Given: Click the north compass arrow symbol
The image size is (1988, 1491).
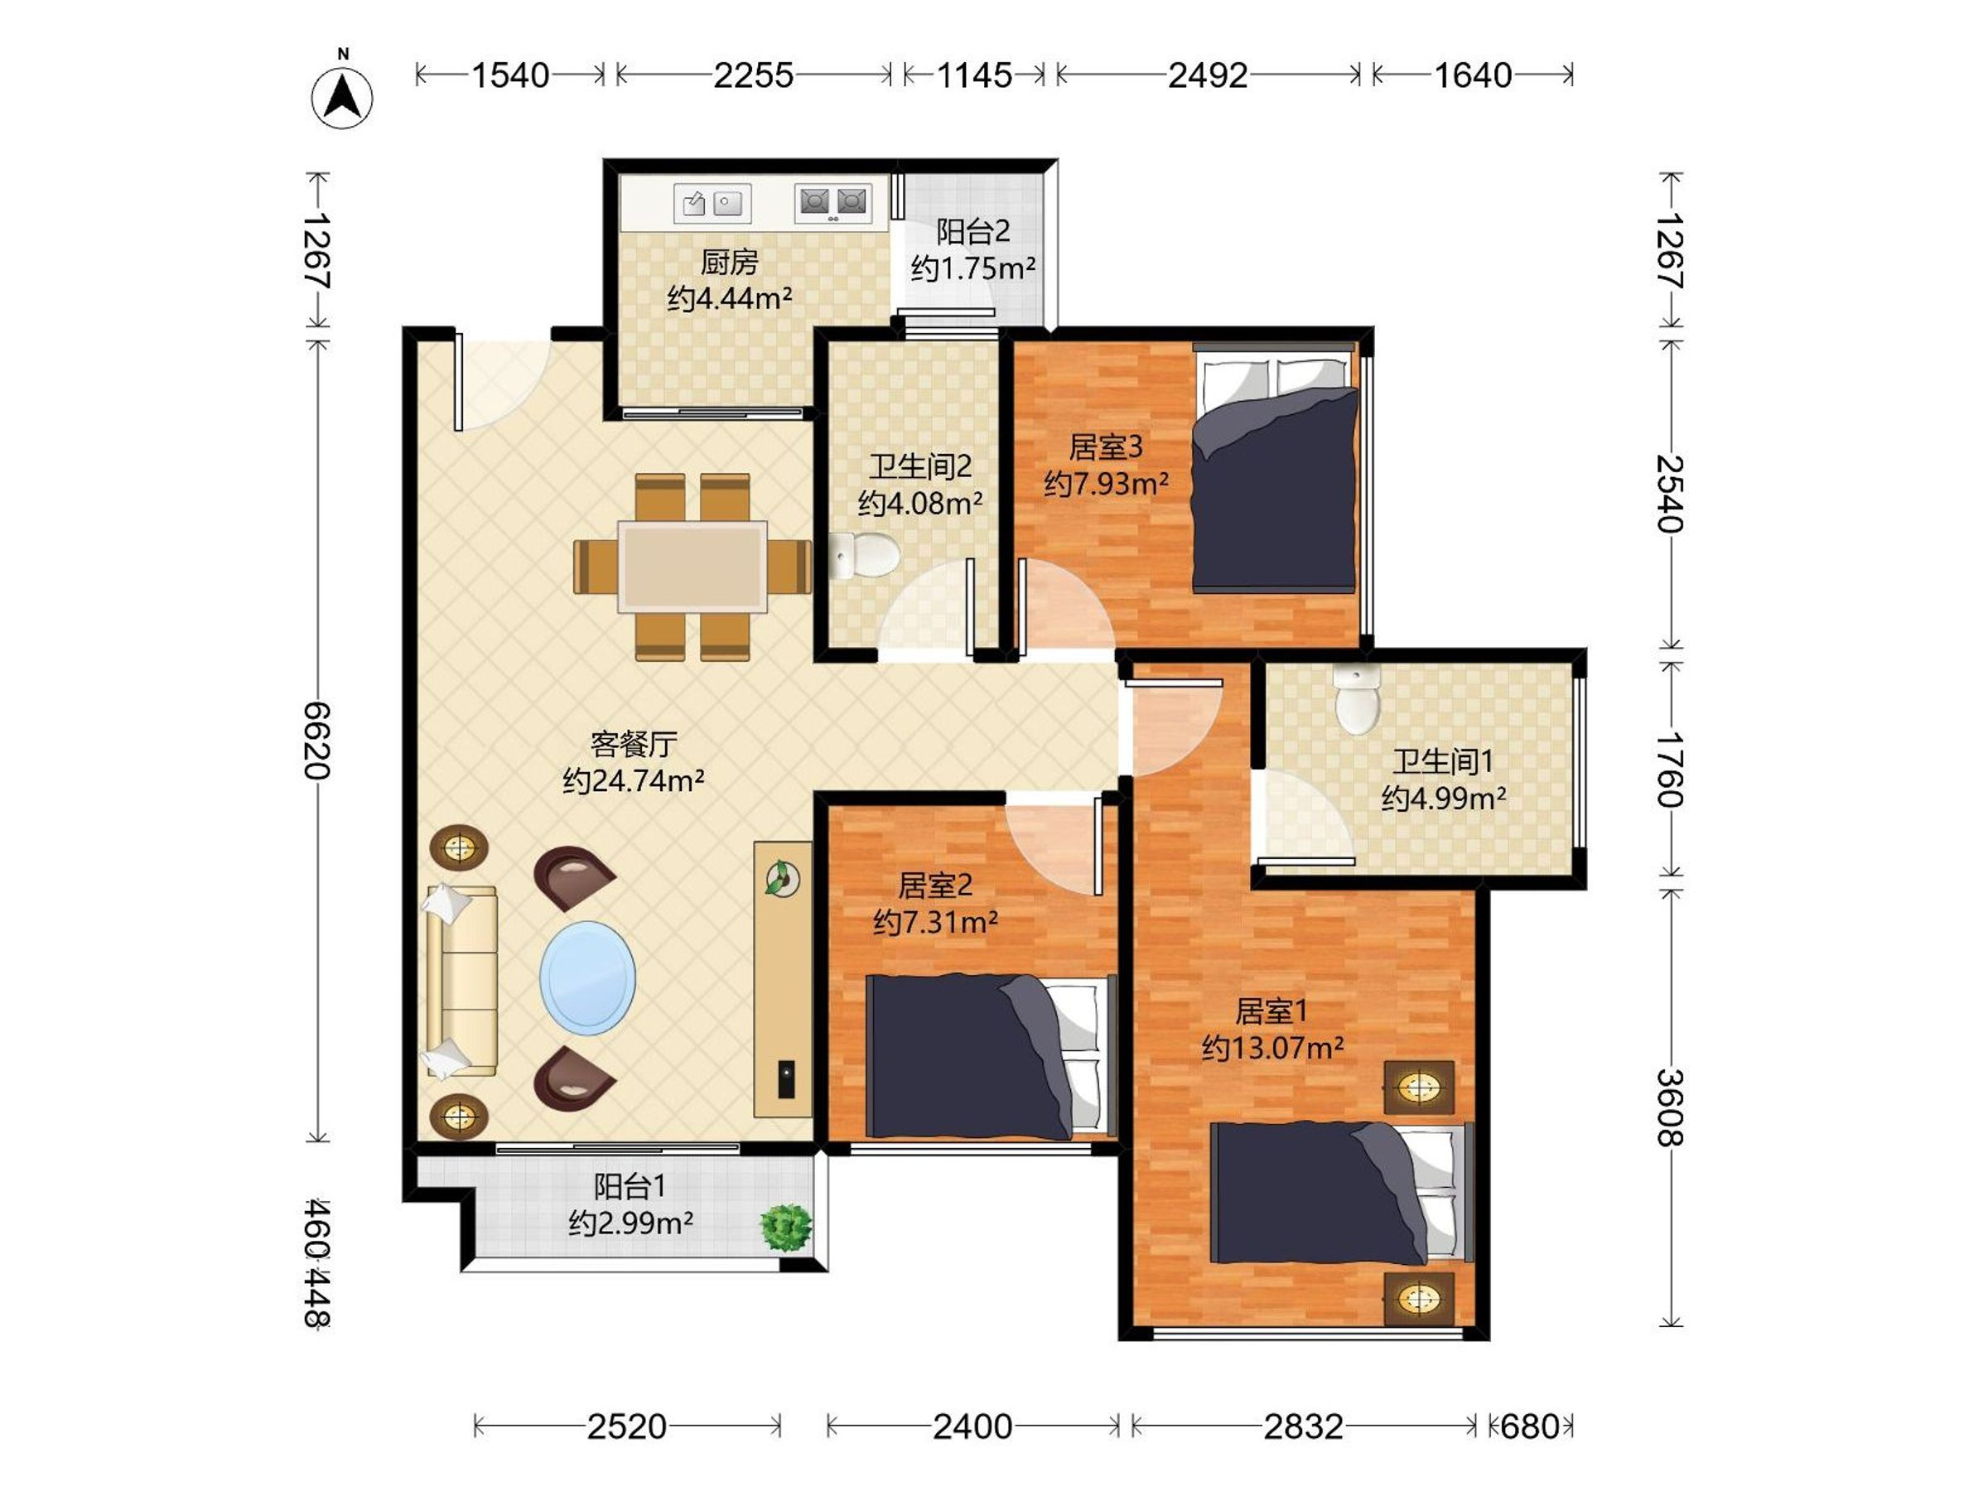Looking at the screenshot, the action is [342, 96].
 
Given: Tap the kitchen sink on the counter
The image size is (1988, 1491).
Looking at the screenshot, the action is [712, 203].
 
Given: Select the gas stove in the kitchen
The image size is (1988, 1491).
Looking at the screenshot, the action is [833, 203].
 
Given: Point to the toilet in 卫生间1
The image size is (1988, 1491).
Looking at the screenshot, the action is [1357, 697].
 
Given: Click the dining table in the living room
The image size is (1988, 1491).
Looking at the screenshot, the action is [692, 567].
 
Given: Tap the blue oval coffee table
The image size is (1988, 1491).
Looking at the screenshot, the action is [588, 977].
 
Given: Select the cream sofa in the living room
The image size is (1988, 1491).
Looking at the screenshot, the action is [461, 981].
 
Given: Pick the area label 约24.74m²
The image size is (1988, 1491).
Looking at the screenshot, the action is [634, 781].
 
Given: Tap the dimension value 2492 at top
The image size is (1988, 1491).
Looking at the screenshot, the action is [1208, 75].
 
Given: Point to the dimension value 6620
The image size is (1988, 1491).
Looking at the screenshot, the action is [317, 741].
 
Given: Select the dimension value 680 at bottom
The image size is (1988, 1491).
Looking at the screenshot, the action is [1530, 1426].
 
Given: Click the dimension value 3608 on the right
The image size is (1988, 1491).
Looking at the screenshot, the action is [1670, 1108].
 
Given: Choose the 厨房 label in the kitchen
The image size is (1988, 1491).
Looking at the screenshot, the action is [729, 263].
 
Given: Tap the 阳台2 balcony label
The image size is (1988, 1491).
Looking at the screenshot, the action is [973, 232].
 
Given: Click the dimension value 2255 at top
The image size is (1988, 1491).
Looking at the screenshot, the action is [753, 75].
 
